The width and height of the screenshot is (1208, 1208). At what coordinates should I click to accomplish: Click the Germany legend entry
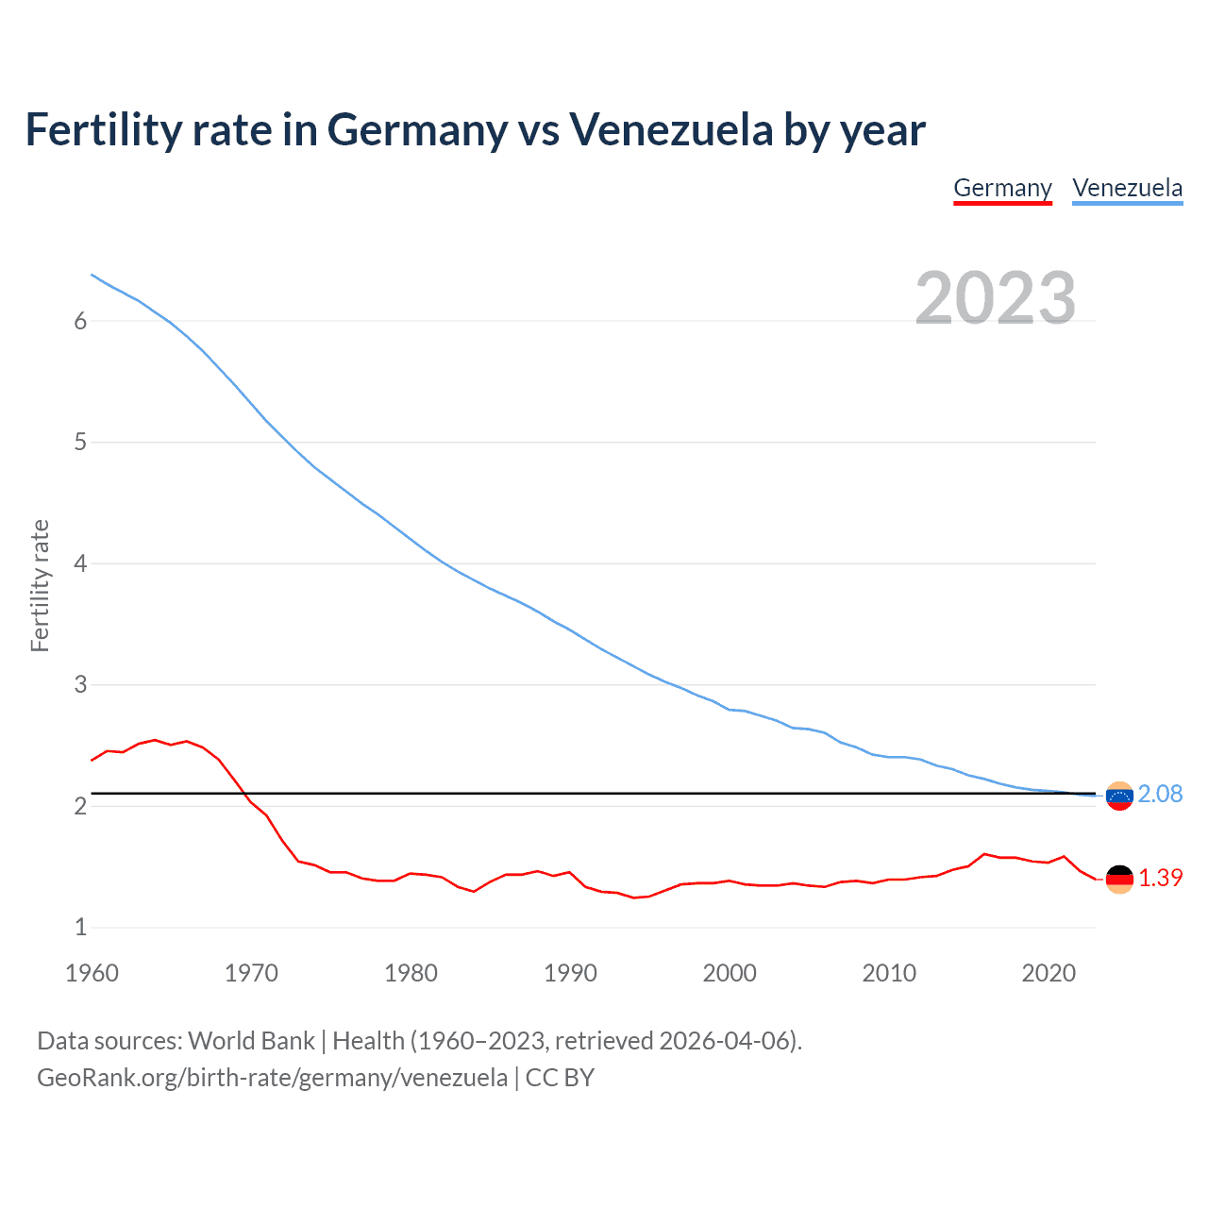coord(1002,188)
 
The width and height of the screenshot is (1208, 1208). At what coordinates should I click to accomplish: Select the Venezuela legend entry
coord(1127,188)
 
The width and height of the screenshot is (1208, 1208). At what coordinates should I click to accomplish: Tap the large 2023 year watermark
coord(995,298)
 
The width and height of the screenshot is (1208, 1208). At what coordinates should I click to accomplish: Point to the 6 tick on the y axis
coord(80,321)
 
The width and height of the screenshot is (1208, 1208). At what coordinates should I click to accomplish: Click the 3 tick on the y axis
coord(80,684)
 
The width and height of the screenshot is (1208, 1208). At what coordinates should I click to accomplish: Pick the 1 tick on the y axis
coord(80,927)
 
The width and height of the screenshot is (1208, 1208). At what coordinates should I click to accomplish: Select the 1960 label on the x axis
coord(92,973)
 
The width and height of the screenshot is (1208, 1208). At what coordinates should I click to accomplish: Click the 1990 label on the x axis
coord(570,973)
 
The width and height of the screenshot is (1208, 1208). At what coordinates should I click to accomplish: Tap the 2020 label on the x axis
coord(1049,973)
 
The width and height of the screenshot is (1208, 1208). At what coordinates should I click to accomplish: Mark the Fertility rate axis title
coord(40,585)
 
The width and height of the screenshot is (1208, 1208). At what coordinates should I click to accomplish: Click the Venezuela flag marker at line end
coord(1119,796)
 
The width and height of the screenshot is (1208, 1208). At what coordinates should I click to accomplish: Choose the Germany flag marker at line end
coord(1119,879)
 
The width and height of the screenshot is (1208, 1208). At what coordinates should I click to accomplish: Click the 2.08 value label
coord(1160,794)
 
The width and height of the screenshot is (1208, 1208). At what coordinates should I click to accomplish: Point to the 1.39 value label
coord(1160,878)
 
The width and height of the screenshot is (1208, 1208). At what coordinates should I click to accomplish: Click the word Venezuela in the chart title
coord(670,129)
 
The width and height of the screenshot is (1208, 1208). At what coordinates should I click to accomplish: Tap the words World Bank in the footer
coord(251,1041)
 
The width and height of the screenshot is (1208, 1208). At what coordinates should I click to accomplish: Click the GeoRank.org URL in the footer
coord(272,1078)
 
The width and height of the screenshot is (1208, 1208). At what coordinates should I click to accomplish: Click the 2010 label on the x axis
coord(889,973)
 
